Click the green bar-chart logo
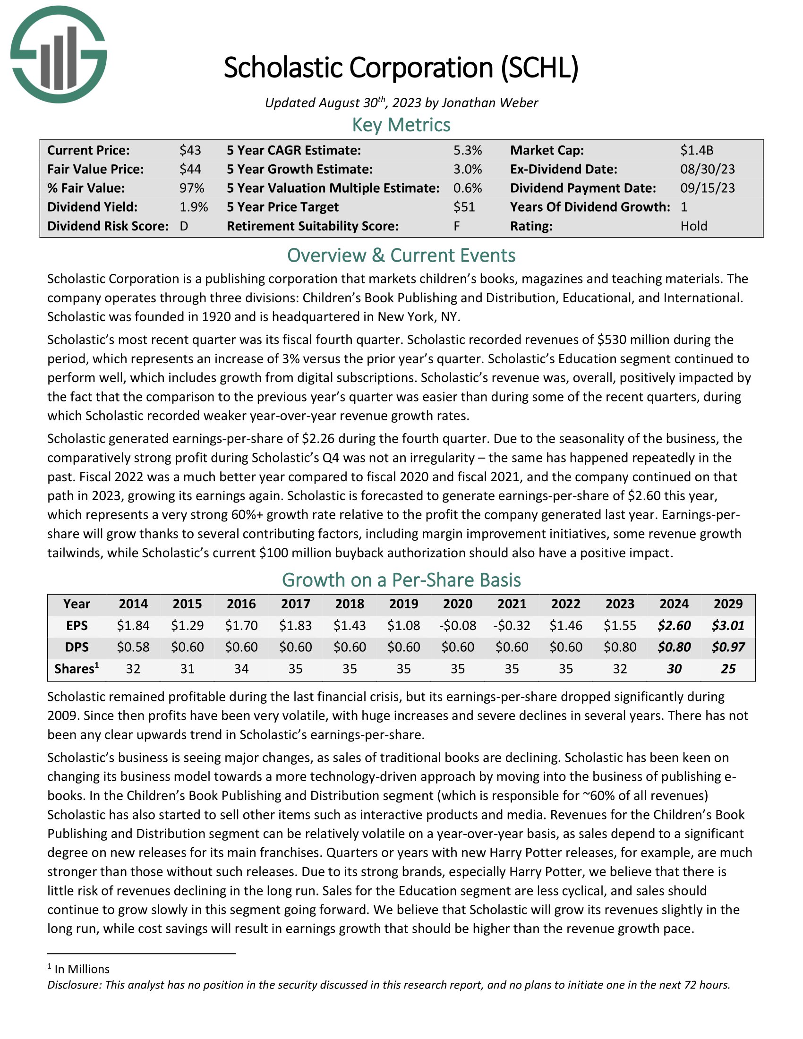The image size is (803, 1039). (59, 55)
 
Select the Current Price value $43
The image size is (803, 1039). (190, 150)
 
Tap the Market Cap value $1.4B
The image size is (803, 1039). (696, 150)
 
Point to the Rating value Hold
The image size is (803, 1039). (693, 226)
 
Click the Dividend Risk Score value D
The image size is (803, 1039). (184, 226)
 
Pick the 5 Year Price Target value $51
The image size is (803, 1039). (464, 207)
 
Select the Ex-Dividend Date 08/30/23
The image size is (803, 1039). (708, 170)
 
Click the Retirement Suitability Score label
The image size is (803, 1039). (313, 226)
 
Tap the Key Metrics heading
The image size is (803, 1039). (401, 125)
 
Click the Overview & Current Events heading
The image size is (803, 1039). (401, 255)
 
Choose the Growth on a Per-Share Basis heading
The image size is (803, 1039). (401, 580)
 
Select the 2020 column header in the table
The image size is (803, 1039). (458, 604)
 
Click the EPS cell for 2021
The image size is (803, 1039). (512, 625)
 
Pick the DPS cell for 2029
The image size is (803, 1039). (728, 647)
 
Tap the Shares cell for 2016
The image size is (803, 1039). (241, 669)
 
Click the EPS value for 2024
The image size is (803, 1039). (674, 625)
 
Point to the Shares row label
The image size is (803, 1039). (76, 669)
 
